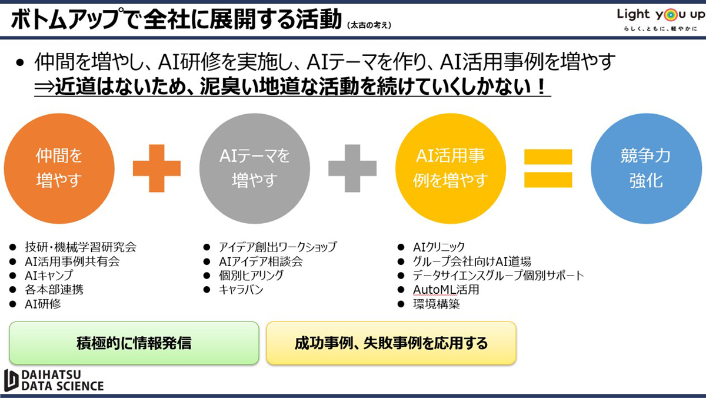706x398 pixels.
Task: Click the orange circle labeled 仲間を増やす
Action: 59,168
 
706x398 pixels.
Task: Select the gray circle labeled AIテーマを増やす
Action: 255,168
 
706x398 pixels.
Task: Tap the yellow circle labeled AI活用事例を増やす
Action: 451,168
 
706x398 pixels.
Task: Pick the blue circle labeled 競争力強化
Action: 646,168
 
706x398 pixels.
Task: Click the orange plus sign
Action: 156,168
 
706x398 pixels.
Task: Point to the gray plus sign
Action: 352,168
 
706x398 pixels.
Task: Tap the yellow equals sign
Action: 548,168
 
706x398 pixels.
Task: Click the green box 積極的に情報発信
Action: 134,343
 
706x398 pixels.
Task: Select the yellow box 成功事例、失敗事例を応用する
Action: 391,343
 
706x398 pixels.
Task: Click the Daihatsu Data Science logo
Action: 54,380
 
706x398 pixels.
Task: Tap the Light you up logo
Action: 661,19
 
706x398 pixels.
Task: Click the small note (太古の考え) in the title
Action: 369,25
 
